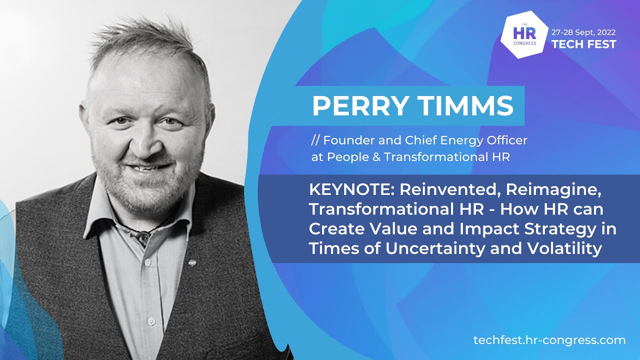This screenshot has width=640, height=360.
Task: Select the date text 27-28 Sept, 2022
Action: (584, 31)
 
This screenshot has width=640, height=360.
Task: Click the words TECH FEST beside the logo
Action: (584, 44)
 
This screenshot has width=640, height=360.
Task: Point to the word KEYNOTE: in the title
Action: (350, 190)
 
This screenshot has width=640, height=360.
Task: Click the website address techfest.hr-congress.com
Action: (549, 340)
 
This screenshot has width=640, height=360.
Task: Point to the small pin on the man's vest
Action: (192, 262)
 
